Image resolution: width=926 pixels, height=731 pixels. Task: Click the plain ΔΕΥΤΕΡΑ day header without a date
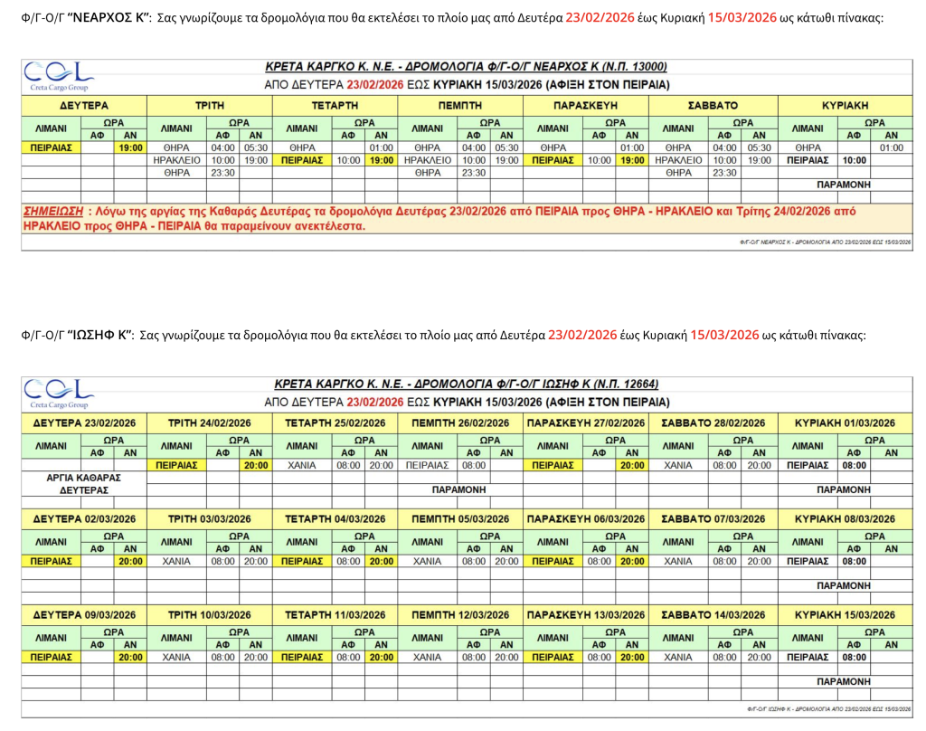tap(83, 105)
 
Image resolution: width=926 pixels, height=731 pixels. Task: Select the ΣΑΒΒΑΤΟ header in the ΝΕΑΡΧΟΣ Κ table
tap(713, 105)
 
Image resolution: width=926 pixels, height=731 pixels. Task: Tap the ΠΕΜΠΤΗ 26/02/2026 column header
tap(460, 423)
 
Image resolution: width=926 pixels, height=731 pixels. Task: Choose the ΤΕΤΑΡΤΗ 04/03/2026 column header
tap(335, 519)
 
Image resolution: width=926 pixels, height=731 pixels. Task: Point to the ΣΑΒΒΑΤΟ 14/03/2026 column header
tap(713, 615)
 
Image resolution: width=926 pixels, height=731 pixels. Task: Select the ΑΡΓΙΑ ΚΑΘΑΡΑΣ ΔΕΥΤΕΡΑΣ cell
tap(83, 483)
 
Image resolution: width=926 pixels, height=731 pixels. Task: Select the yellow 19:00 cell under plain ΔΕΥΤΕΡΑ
tap(130, 147)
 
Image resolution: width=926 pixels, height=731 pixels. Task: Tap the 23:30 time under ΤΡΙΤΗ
tap(222, 172)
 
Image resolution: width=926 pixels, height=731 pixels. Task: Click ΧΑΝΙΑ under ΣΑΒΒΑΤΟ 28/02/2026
tap(677, 465)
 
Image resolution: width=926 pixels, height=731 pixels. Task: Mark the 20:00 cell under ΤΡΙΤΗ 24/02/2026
tap(255, 465)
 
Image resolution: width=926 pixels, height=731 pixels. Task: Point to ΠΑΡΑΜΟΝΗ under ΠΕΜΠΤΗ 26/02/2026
tap(459, 489)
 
